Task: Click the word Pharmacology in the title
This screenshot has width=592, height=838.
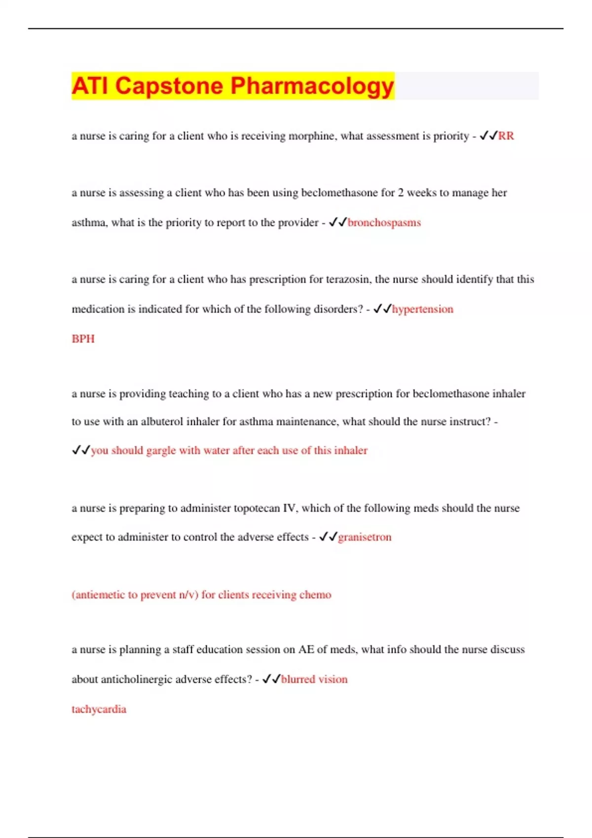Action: pos(312,86)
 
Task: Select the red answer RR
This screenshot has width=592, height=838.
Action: pos(506,136)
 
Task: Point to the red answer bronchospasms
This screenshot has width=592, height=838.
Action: pos(384,223)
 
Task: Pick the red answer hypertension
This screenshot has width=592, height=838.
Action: pos(422,309)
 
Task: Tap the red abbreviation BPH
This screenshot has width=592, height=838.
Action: pos(83,339)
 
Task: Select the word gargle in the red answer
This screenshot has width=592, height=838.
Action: pos(161,451)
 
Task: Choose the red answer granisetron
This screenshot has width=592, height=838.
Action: pos(365,537)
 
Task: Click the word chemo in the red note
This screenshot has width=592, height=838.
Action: pos(315,595)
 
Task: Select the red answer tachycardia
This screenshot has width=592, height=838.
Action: pos(99,709)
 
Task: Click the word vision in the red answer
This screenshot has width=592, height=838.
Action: pos(333,679)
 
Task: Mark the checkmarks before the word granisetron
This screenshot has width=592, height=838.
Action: pos(328,537)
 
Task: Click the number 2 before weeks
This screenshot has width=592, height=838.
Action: pos(401,193)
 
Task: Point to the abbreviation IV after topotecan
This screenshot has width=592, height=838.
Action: pos(289,508)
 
